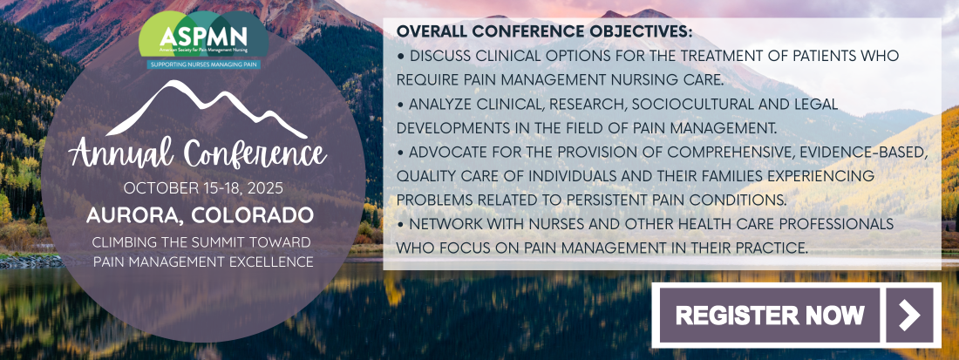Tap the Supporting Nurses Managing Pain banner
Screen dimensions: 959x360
coord(202,64)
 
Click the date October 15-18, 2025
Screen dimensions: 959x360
coord(203,188)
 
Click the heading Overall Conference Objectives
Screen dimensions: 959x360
coord(544,31)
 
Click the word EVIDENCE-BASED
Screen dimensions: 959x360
coord(873,153)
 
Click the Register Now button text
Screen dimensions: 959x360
coord(770,315)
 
